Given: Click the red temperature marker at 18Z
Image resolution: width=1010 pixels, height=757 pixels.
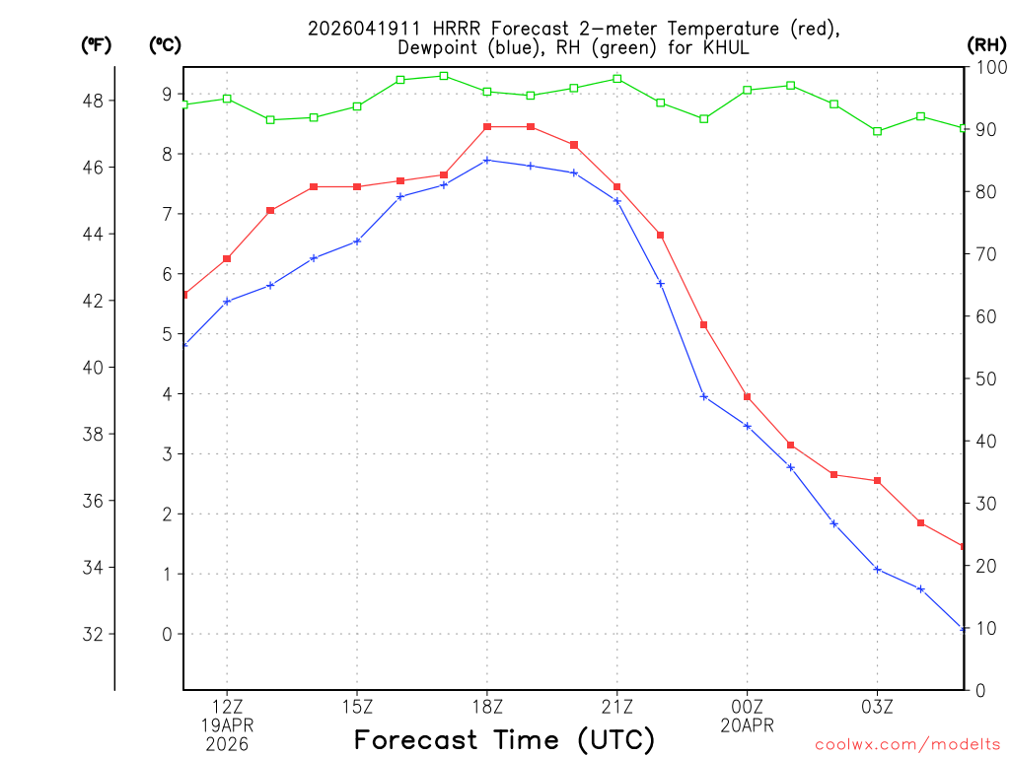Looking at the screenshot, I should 487,127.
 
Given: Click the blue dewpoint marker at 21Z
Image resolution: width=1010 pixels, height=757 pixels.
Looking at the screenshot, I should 617,201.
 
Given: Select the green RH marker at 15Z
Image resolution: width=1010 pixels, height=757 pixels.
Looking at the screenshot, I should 357,106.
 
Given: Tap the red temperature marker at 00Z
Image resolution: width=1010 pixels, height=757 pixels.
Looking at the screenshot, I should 748,397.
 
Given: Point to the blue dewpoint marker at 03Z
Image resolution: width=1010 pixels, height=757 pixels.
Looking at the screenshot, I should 878,569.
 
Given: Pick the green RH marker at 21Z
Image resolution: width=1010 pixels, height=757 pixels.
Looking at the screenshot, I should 617,79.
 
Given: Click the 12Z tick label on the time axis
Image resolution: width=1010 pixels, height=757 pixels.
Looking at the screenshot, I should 227,706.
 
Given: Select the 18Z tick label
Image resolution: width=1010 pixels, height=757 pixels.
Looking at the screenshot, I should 487,706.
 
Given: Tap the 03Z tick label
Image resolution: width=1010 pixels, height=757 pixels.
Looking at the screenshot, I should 878,706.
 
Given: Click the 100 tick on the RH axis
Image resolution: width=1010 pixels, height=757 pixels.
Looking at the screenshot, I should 986,66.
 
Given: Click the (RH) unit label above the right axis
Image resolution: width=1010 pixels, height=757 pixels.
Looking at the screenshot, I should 986,44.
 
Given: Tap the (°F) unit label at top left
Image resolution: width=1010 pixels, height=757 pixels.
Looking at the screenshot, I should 97,44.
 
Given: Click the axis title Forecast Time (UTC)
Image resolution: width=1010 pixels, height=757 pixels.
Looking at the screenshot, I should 504,739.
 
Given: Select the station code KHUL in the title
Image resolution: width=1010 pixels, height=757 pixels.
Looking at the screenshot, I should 728,47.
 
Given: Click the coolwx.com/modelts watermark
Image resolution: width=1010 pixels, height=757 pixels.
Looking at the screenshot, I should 907,745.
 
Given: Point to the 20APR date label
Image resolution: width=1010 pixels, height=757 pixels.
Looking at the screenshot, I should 748,725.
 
